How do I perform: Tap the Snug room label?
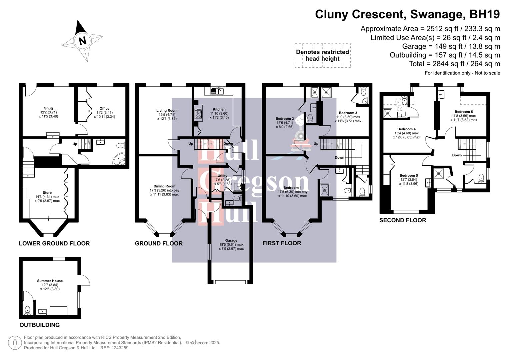(x=48, y=108)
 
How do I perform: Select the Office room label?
(x=104, y=109)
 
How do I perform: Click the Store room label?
(x=47, y=193)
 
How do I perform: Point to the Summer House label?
(x=50, y=281)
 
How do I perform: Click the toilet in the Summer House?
(x=27, y=310)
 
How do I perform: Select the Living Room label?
(x=167, y=111)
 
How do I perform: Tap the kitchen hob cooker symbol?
(x=198, y=113)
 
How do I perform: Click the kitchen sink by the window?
(x=217, y=90)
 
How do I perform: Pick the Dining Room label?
(x=164, y=186)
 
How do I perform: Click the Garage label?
(x=231, y=241)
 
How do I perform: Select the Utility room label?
(x=222, y=176)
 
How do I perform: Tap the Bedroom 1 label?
(x=292, y=188)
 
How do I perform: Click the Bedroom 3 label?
(x=348, y=113)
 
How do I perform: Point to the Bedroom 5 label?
(x=408, y=176)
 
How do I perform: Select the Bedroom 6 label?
(x=463, y=112)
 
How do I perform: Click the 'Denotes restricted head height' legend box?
(x=322, y=55)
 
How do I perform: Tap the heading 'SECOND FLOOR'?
(x=402, y=220)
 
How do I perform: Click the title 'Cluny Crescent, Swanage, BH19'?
(x=407, y=14)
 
